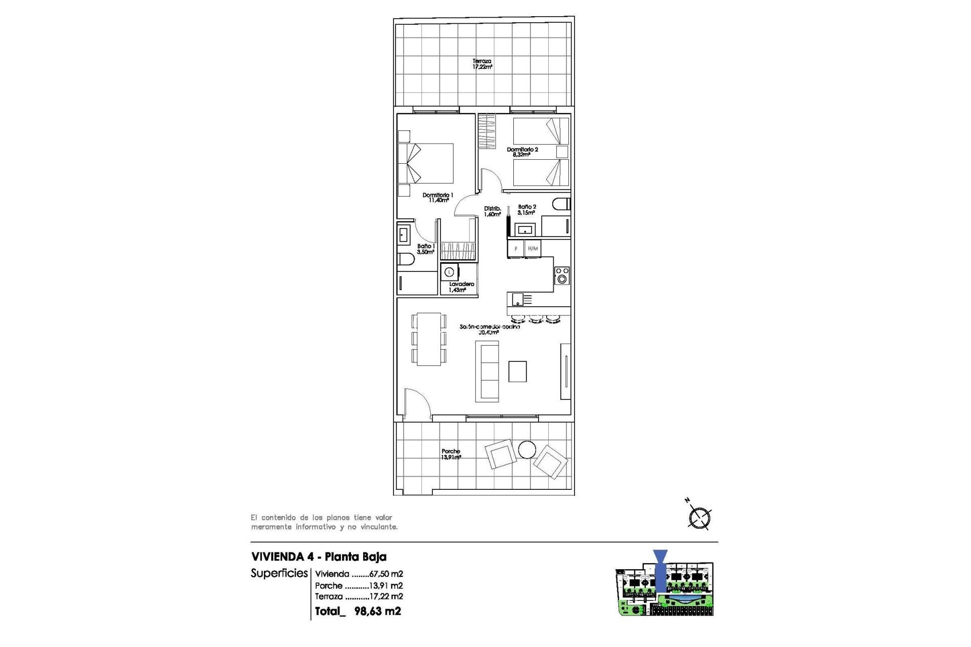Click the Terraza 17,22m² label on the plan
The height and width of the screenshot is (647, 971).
pos(482,64)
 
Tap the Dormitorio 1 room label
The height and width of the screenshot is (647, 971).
pos(438,197)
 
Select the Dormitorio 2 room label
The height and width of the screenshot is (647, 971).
pos(522,152)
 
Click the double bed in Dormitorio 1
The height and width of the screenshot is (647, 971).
pos(426,163)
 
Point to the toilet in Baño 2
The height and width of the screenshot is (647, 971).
pos(561,204)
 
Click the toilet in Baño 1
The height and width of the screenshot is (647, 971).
pos(406,259)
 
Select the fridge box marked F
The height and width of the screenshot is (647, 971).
pos(516,249)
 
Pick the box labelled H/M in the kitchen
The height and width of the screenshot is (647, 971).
pos(533,249)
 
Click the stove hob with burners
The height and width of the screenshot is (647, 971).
pos(562,275)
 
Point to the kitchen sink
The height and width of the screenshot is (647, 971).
pos(518,300)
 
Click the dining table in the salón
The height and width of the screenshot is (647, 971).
pos(429,339)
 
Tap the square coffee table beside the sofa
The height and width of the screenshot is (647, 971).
pos(517,372)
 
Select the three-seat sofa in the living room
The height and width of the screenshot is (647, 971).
pos(487,372)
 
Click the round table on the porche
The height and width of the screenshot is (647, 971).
pos(527,450)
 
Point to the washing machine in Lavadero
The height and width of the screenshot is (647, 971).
pos(449,272)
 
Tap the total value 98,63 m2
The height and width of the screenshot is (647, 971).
pos(377,611)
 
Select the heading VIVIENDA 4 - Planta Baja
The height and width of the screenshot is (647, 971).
pos(319,557)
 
